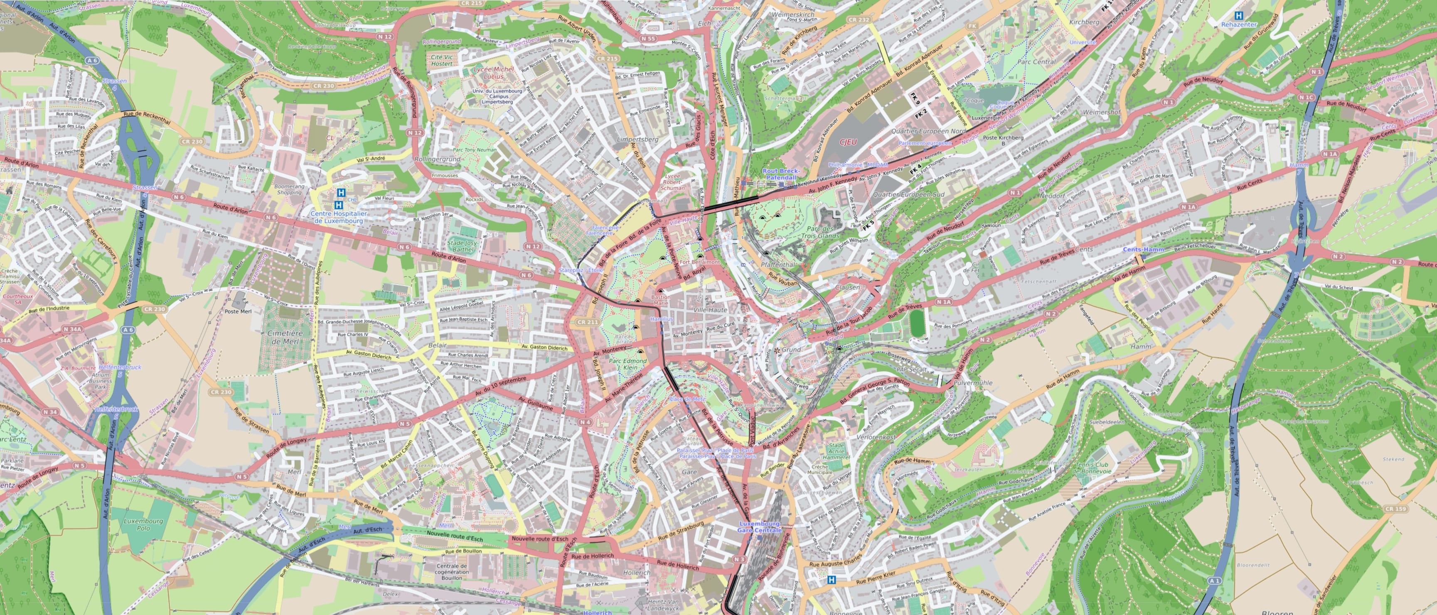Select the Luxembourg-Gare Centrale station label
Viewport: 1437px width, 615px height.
coord(760,527)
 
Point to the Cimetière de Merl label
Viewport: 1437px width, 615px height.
coord(285,337)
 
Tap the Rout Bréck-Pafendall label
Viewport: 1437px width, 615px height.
coord(781,174)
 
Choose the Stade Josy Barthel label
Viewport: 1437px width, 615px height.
coord(463,246)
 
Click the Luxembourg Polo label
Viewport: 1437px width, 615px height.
coord(143,524)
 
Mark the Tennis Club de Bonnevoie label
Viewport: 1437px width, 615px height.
coord(1092,468)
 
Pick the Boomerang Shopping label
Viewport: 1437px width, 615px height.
coord(290,189)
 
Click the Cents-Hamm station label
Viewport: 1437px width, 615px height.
coord(1143,249)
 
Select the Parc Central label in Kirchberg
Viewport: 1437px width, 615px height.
coord(1036,62)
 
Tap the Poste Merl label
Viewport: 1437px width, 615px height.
coord(238,311)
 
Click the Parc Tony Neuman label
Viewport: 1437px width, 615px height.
coord(474,149)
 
